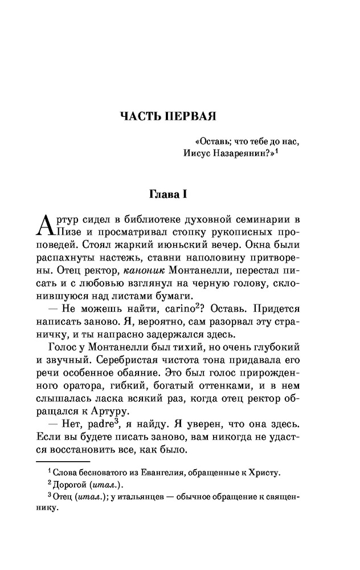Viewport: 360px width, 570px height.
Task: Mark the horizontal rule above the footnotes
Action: coord(63,461)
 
